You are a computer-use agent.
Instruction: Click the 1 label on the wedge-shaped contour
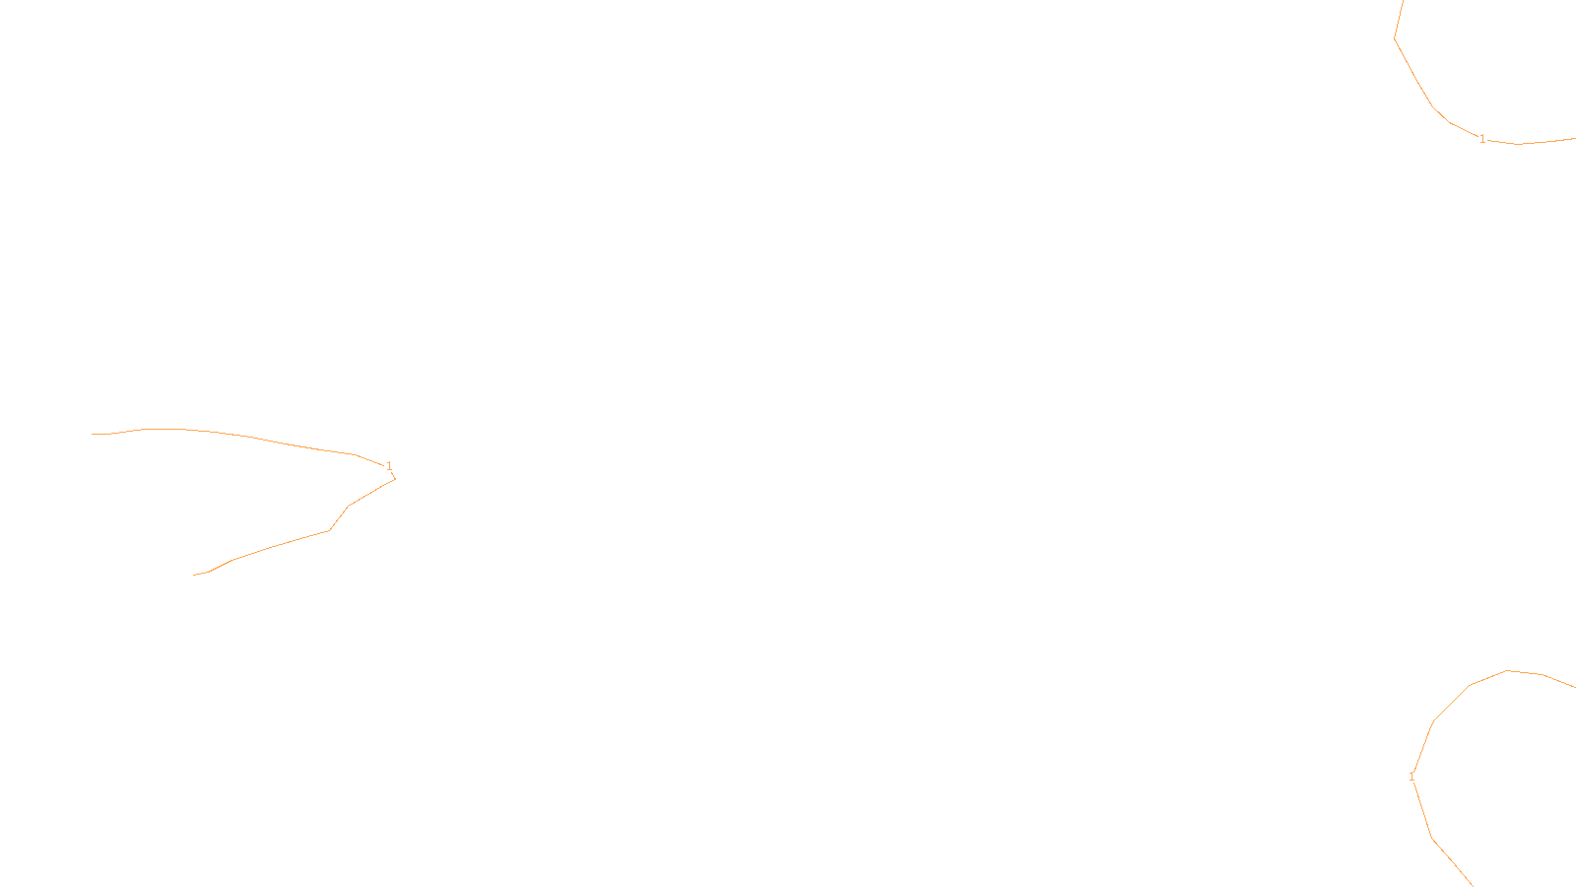click(x=389, y=465)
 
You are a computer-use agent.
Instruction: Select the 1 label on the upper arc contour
click(x=1482, y=139)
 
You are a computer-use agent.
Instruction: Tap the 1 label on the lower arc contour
click(x=1412, y=777)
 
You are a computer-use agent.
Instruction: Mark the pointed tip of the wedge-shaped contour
click(x=395, y=479)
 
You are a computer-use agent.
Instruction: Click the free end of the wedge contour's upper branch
click(x=93, y=434)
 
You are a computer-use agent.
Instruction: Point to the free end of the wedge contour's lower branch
click(x=194, y=575)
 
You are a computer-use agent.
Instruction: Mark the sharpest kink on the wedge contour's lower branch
click(x=329, y=530)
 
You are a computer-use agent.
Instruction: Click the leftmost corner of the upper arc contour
click(x=1395, y=38)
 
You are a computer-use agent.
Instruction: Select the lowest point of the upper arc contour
click(x=1517, y=144)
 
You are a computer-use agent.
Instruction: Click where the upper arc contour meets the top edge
click(x=1404, y=1)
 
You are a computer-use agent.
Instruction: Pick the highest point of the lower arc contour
click(x=1508, y=671)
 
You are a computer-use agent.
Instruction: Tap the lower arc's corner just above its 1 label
click(x=1433, y=721)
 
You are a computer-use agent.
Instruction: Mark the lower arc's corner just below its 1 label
click(x=1432, y=839)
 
